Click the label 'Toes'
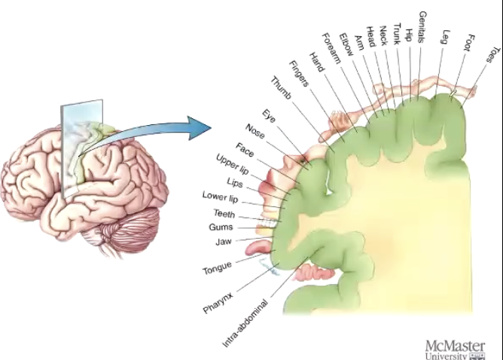[491, 55]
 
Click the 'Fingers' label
[300, 73]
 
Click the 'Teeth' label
[224, 214]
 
